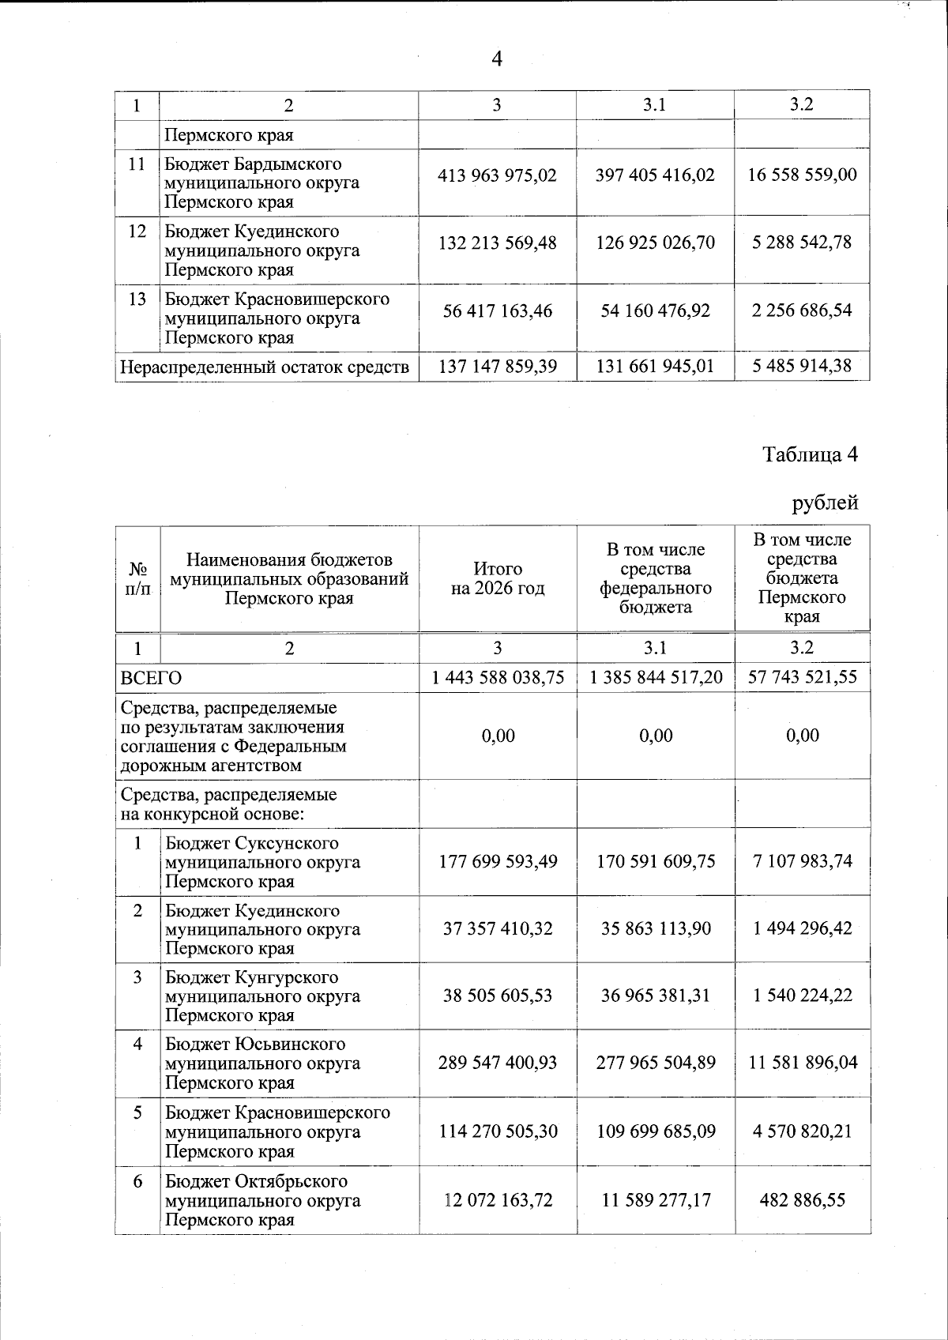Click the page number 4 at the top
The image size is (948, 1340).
[497, 59]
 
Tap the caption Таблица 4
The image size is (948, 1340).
[810, 454]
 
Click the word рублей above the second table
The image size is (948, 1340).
[825, 502]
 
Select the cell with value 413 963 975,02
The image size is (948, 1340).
[498, 175]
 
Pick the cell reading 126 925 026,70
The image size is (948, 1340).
[656, 243]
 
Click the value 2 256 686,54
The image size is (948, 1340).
[802, 311]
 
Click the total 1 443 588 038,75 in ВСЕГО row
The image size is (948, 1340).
[498, 677]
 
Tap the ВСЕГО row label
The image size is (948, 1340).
[151, 678]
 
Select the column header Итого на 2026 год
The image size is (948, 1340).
[498, 578]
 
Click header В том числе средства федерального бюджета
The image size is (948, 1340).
[656, 578]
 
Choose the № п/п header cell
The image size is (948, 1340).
[137, 578]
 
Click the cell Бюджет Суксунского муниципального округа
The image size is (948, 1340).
[263, 862]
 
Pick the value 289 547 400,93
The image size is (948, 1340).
[498, 1063]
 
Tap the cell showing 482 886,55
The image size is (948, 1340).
[802, 1200]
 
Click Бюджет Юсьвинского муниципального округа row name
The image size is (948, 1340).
[263, 1063]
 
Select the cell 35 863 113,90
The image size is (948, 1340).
[656, 928]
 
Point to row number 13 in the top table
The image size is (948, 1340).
[137, 299]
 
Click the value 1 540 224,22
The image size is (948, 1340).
[802, 996]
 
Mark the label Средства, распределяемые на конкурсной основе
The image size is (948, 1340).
[228, 804]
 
